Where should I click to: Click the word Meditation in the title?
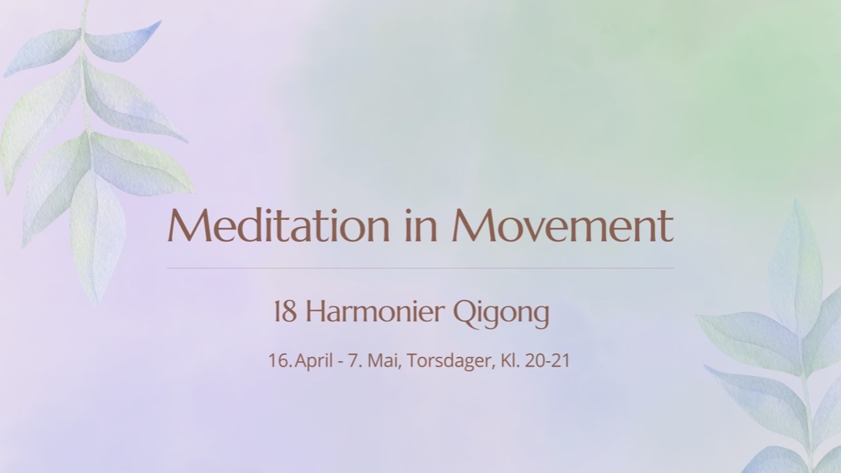(279, 226)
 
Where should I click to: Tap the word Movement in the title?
(563, 226)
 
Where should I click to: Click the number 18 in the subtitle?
(285, 313)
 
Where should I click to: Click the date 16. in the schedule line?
(280, 361)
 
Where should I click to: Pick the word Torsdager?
(450, 361)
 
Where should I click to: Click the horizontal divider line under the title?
(420, 268)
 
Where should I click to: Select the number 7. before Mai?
(365, 361)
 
